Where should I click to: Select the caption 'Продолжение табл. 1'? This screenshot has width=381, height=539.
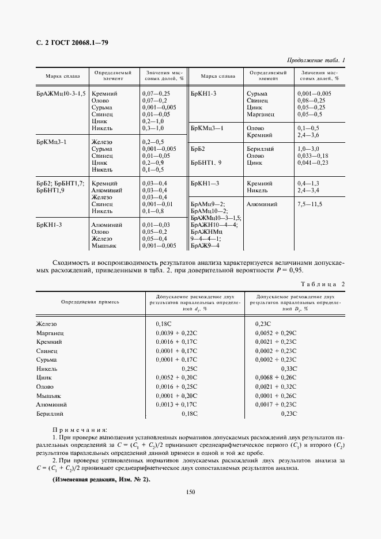tap(315, 60)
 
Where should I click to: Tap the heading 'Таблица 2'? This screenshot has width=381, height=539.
tap(323, 284)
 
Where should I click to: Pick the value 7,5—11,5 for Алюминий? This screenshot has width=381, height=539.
tap(310, 204)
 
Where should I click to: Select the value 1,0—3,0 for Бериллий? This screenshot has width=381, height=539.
tap(308, 149)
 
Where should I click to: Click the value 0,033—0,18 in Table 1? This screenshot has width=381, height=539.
tap(312, 156)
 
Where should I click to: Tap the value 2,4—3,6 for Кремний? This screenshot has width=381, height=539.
tap(308, 135)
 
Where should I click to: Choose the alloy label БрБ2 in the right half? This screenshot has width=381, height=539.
tap(198, 149)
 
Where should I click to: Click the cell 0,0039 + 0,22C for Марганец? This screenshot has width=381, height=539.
tap(176, 333)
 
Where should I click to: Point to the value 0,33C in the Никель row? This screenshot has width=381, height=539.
tap(288, 367)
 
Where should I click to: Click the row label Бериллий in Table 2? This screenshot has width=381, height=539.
tap(50, 413)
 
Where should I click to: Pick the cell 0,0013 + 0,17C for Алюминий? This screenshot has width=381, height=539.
tap(176, 405)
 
